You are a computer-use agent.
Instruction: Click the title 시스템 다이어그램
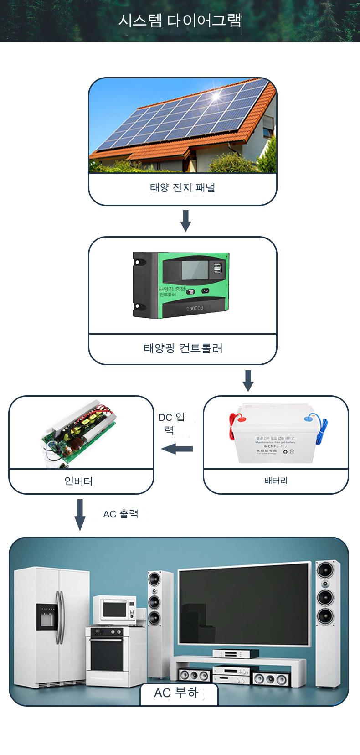pos(180,21)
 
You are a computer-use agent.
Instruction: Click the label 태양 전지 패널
pos(182,187)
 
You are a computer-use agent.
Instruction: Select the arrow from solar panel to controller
pos(185,220)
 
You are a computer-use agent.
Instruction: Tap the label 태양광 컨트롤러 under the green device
pos(183,349)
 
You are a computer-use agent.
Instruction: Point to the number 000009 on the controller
pos(195,308)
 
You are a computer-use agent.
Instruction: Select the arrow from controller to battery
pos(248,380)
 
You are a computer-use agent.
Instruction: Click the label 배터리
pos(276,481)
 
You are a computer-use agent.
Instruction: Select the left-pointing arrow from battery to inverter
pos(177,449)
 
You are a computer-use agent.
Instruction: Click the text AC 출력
pos(120,514)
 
